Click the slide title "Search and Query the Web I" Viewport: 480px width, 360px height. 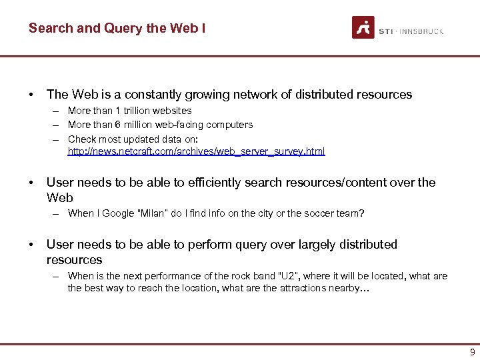pos(117,29)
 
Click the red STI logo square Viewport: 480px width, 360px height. pos(363,27)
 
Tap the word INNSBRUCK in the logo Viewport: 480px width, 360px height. pos(423,31)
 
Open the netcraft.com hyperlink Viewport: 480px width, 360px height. pos(196,152)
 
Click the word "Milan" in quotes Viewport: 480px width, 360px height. pos(149,213)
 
